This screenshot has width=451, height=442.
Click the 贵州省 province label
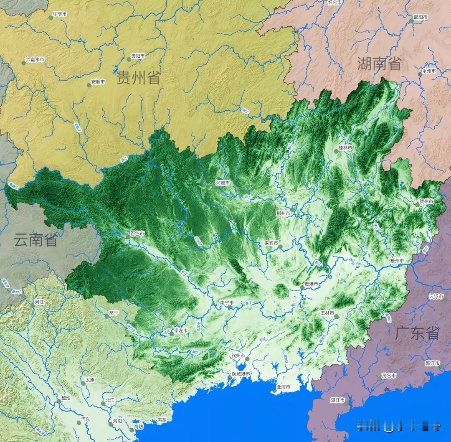pos(138,78)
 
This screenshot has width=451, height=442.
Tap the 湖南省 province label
pos(379,64)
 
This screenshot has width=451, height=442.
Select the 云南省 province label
pos(35,240)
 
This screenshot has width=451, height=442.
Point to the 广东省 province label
pos(417,333)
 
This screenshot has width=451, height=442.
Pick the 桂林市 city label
pos(345,148)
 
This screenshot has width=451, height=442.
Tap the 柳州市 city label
pos(284,213)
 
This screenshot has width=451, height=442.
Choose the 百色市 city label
pos(137,234)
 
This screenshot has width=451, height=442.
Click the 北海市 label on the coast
pos(286,387)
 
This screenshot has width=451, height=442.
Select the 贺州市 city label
pos(426,201)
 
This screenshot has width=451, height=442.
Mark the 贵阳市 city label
pos(138,56)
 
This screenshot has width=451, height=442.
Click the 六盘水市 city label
pos(35,60)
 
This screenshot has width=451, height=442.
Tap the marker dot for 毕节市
pos(50,18)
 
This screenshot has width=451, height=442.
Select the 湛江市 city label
pos(337,400)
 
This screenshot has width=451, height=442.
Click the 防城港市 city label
pos(241,374)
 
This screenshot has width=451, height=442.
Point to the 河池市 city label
pos(223,183)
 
